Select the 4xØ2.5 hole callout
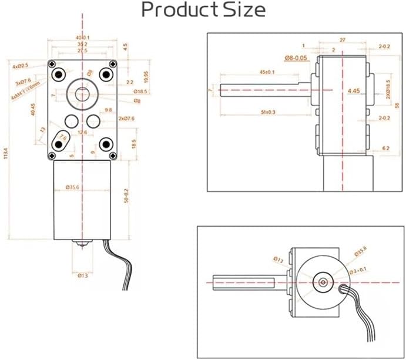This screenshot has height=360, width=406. [x=21, y=66]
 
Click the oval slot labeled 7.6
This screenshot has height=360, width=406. [x=60, y=141]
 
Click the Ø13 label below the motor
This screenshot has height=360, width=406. [x=83, y=274]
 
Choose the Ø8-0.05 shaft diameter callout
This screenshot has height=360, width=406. [x=297, y=58]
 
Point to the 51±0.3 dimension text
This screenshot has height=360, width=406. [x=268, y=112]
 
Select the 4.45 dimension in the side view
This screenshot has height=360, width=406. [x=354, y=91]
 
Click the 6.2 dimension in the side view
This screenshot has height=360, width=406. [x=385, y=148]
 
